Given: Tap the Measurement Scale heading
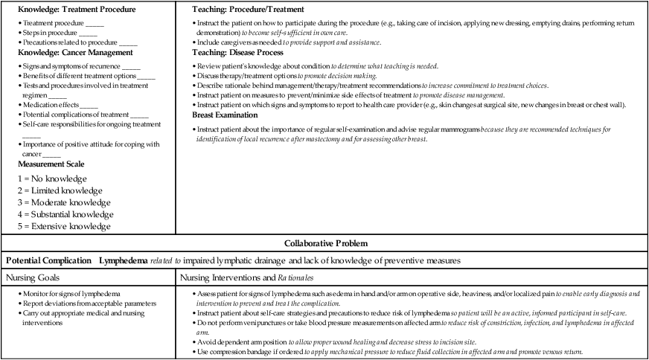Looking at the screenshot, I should coord(51,164).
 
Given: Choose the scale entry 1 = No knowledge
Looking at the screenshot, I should coord(51,179).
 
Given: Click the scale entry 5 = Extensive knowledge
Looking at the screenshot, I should coord(63,226).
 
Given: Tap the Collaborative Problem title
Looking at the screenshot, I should coord(324,243).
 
